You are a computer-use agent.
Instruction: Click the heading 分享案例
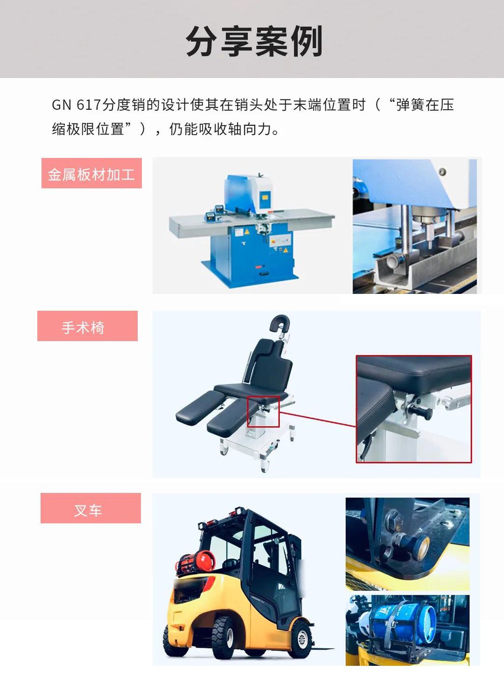[254, 41]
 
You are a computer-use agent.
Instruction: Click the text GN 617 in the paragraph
[76, 105]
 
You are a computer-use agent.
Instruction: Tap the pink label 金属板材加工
[91, 174]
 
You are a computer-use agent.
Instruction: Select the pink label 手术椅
[87, 327]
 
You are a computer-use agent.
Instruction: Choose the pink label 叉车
[90, 508]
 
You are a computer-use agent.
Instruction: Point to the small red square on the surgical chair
[263, 411]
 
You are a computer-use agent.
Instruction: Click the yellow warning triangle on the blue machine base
[247, 231]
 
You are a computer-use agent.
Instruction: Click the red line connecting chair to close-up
[317, 419]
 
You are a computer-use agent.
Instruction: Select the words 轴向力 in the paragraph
[249, 128]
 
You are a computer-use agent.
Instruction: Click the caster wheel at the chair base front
[265, 465]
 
